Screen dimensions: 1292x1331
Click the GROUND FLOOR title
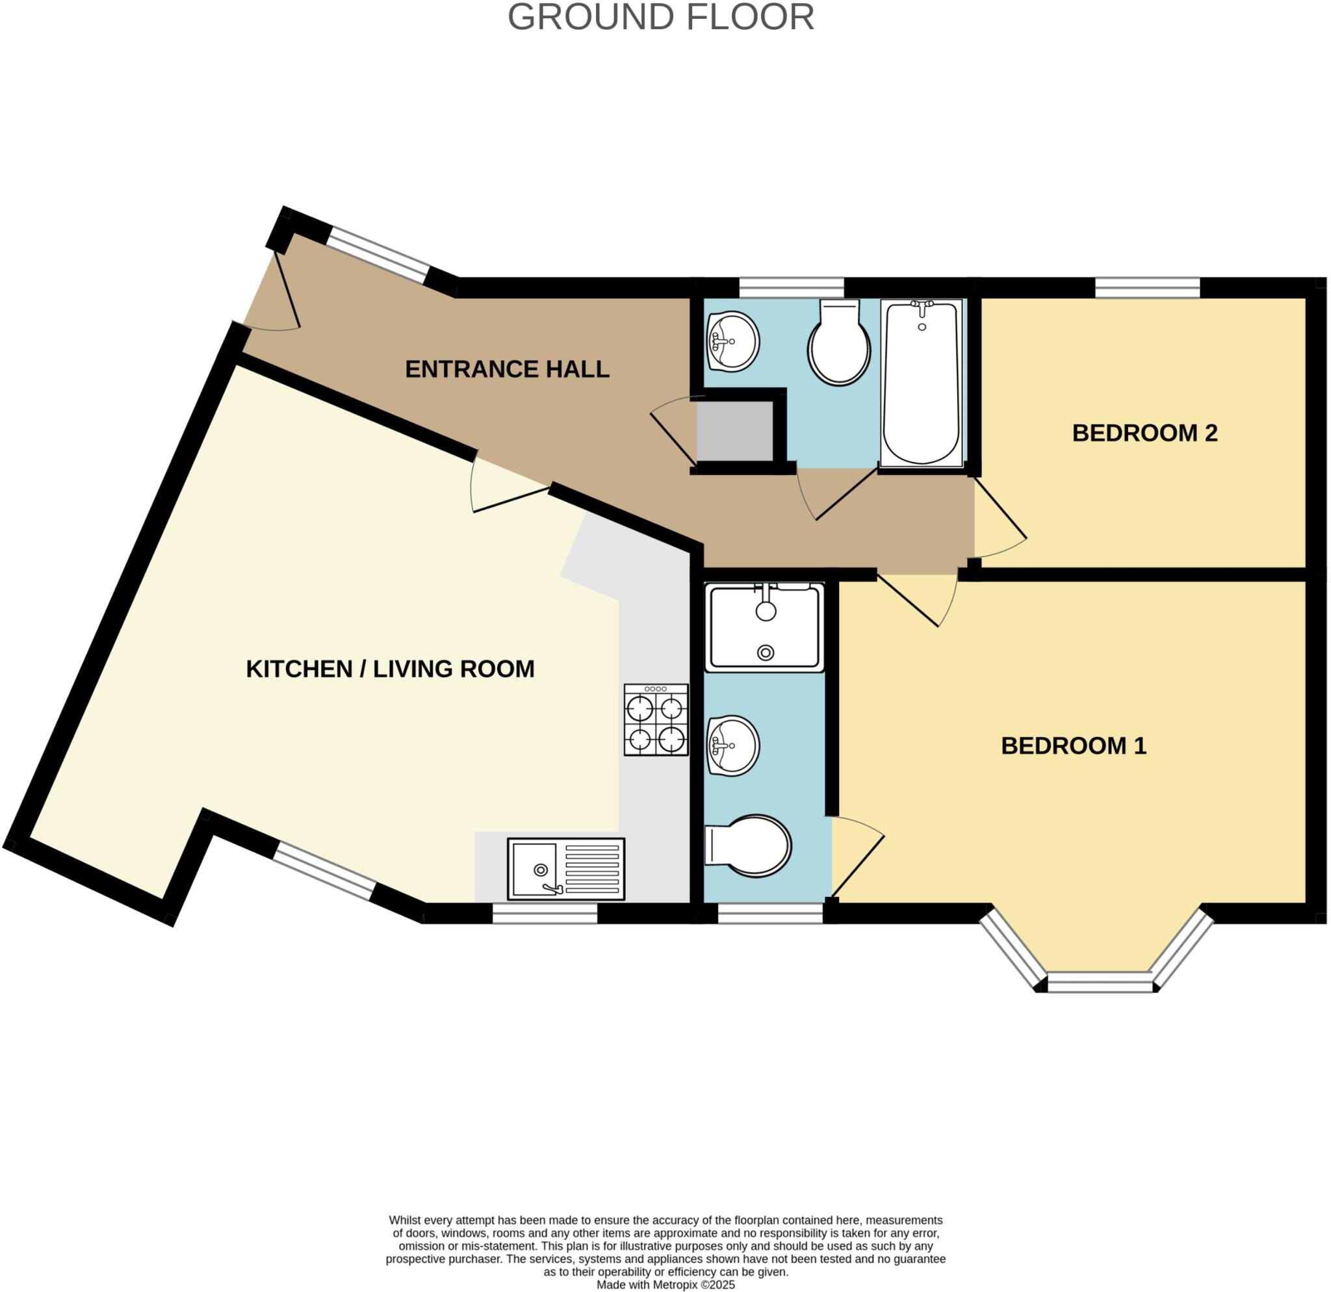(660, 18)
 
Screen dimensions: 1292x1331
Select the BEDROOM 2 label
(1144, 433)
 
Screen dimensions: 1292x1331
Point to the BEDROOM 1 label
(1073, 746)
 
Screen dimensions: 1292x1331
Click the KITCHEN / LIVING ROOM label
(390, 669)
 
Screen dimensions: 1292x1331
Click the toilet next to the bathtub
(838, 346)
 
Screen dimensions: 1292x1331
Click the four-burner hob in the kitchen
(655, 719)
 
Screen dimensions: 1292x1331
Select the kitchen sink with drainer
(565, 870)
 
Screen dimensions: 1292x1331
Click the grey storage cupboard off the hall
(736, 431)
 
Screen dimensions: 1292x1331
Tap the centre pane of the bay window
(1100, 982)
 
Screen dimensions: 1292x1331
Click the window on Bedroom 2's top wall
(1147, 287)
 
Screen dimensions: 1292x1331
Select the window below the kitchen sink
(544, 916)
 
